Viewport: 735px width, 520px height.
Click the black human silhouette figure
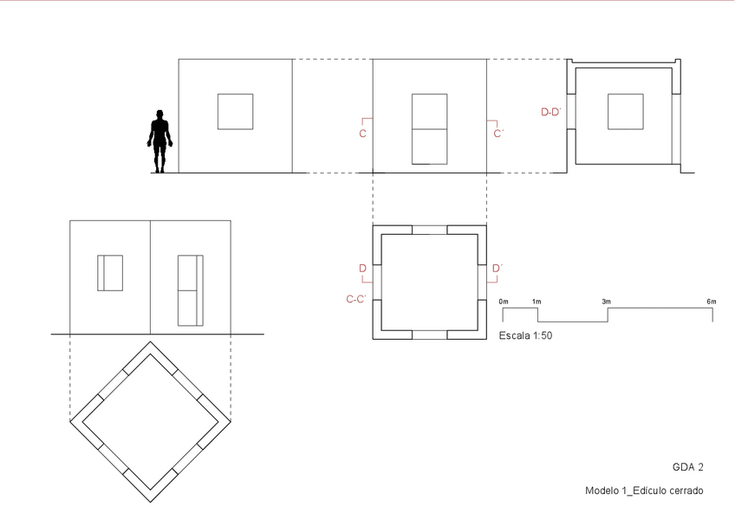point(159,141)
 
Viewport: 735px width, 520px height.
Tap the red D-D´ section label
point(551,112)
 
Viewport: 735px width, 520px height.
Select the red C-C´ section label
point(356,299)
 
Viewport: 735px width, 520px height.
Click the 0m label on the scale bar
point(504,302)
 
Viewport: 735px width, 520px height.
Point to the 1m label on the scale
point(537,302)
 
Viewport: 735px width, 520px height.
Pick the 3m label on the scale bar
point(607,302)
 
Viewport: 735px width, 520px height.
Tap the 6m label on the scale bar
point(712,302)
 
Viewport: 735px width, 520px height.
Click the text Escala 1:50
point(525,335)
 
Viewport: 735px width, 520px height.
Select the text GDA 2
point(688,467)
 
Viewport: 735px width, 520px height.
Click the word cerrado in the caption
point(686,491)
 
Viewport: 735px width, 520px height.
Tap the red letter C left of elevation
point(363,133)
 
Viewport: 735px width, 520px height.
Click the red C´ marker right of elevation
point(498,133)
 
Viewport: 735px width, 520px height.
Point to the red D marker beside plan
point(363,268)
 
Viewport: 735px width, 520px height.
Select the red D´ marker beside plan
point(498,268)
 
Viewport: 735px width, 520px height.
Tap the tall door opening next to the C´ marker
point(429,129)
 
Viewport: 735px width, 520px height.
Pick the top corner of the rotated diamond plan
point(151,341)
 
